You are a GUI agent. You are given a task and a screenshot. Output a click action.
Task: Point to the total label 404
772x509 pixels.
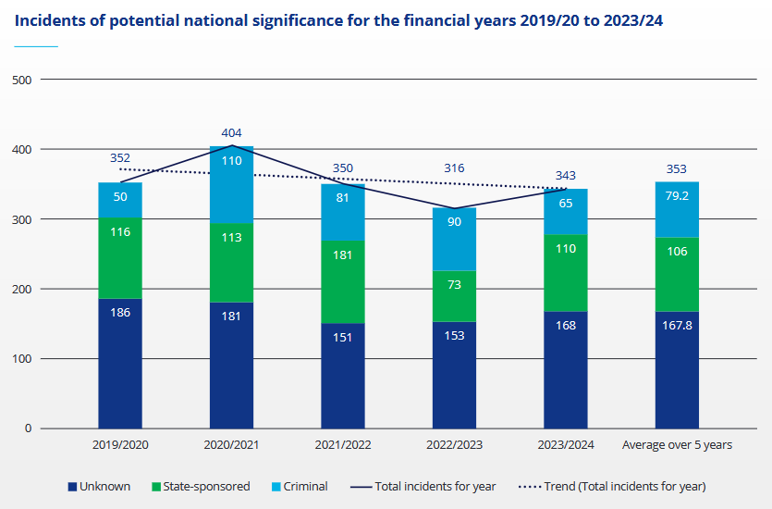pos(231,133)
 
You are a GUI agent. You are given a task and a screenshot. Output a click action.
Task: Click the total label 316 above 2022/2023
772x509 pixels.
pos(453,168)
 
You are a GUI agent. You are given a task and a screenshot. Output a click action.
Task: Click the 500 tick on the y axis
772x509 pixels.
pos(22,80)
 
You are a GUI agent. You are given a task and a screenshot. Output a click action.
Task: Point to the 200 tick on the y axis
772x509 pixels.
pos(22,289)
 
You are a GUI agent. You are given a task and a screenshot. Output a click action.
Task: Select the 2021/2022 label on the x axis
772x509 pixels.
pos(342,445)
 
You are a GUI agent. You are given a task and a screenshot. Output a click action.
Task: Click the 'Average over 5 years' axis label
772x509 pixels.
pos(677,445)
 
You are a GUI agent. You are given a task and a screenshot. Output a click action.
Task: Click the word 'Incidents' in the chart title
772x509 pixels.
pos(50,19)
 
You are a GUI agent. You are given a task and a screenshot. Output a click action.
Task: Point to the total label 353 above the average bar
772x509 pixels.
pos(677,168)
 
